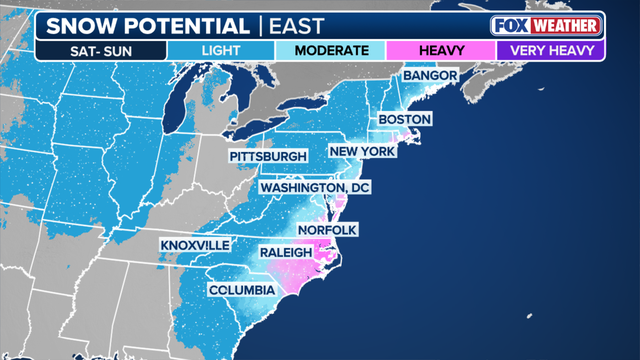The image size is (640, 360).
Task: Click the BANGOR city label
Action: tap(430, 76)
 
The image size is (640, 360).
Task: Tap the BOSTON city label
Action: tap(404, 120)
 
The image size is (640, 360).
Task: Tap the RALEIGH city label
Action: tap(285, 253)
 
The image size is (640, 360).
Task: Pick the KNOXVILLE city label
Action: tap(194, 245)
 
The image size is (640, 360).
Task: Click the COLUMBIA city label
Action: tap(241, 290)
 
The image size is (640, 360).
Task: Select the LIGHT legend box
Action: tap(222, 50)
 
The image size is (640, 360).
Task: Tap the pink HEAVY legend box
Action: tap(441, 50)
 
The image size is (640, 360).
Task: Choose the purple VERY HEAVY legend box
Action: tap(551, 50)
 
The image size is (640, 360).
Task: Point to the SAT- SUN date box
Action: tap(100, 50)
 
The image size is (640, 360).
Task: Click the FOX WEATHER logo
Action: tap(545, 25)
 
